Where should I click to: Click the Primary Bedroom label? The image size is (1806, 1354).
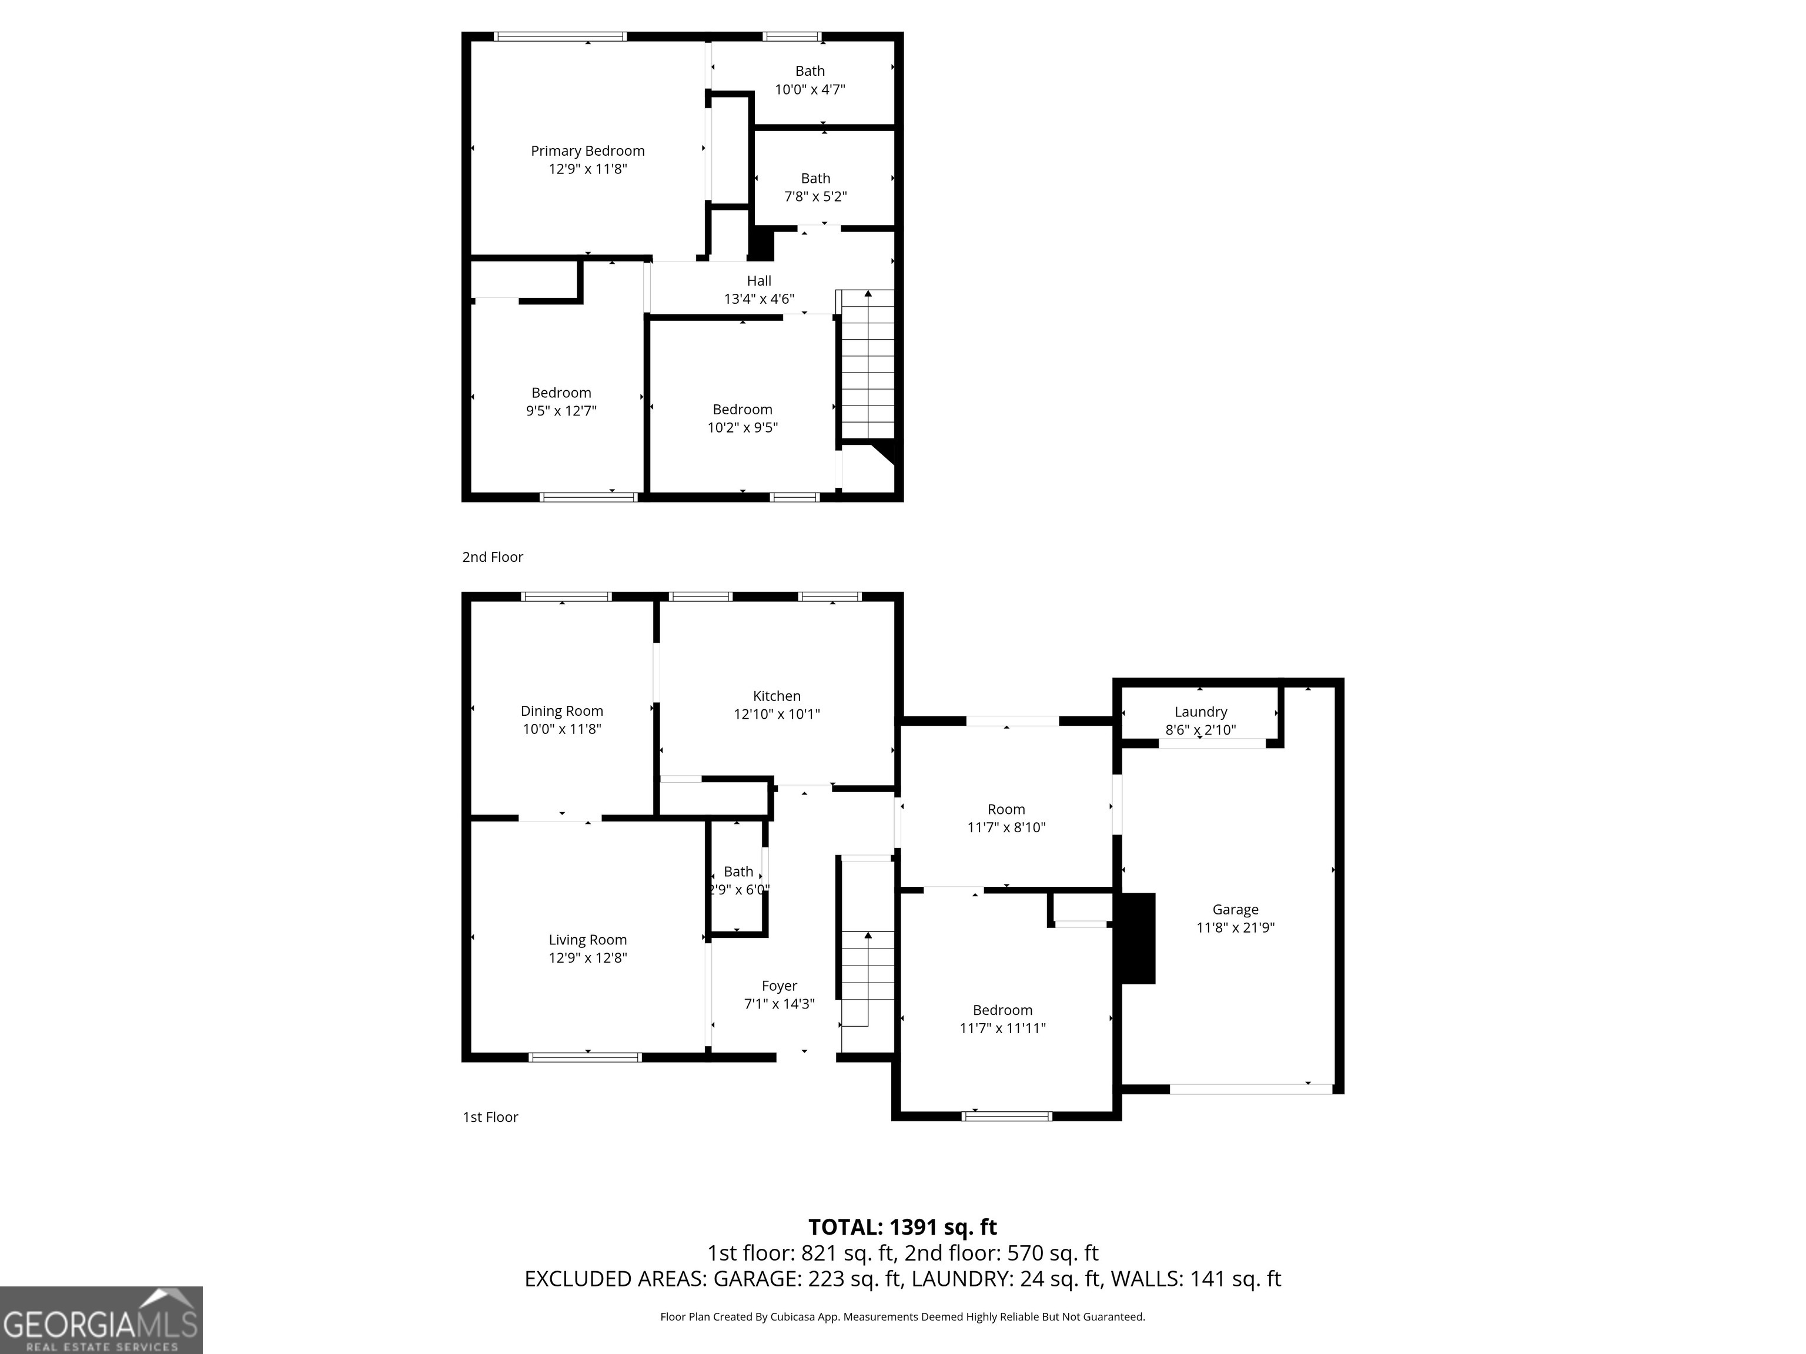click(x=587, y=151)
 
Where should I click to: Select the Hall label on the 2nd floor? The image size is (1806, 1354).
click(x=758, y=281)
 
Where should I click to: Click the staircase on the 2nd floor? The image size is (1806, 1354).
click(x=867, y=365)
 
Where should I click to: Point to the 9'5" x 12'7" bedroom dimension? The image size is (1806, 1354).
click(x=561, y=411)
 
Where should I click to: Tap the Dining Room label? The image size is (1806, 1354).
click(x=561, y=711)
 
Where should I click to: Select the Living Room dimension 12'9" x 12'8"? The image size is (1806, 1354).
click(x=587, y=958)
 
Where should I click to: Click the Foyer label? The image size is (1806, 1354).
click(x=779, y=986)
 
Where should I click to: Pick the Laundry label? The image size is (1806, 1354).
click(x=1200, y=712)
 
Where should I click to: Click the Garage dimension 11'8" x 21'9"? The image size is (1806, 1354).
click(x=1235, y=927)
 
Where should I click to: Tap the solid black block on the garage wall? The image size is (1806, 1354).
click(x=1138, y=938)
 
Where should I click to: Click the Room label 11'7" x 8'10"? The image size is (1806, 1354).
click(x=1006, y=810)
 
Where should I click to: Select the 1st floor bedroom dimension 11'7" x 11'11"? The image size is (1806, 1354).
click(x=1002, y=1028)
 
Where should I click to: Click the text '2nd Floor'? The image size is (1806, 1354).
click(x=492, y=557)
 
